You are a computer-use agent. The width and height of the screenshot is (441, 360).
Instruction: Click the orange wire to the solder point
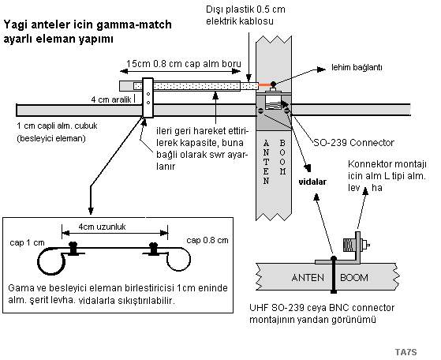pyautogui.click(x=264, y=84)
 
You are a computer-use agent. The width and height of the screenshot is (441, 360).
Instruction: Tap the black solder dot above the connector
pyautogui.click(x=273, y=84)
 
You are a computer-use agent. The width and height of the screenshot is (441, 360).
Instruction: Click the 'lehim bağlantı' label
pyautogui.click(x=357, y=68)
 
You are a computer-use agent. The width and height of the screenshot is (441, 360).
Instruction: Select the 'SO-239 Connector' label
pyautogui.click(x=353, y=143)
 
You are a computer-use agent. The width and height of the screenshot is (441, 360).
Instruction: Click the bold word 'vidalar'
pyautogui.click(x=312, y=182)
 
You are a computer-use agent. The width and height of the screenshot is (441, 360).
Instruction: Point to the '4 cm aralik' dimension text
pyautogui.click(x=111, y=99)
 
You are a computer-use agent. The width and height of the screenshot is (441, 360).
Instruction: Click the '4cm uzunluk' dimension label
pyautogui.click(x=102, y=227)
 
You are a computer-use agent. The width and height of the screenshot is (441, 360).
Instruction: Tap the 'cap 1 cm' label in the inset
pyautogui.click(x=27, y=242)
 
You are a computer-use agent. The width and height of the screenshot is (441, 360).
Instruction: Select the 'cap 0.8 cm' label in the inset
pyautogui.click(x=207, y=240)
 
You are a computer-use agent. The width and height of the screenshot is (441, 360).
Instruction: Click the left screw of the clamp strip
pyautogui.click(x=73, y=249)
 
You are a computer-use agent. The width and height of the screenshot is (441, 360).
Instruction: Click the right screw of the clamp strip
pyautogui.click(x=154, y=249)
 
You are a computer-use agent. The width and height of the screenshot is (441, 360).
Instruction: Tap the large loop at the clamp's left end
pyautogui.click(x=51, y=261)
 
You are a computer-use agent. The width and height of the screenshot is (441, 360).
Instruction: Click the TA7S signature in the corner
pyautogui.click(x=405, y=352)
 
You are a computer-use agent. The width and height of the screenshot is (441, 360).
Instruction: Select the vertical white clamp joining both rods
pyautogui.click(x=148, y=98)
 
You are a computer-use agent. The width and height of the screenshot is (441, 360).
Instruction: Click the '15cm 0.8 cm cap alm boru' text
pyautogui.click(x=183, y=64)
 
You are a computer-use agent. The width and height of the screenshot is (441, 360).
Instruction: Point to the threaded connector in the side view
pyautogui.click(x=349, y=245)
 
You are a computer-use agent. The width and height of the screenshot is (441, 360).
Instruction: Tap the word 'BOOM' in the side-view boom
pyautogui.click(x=354, y=278)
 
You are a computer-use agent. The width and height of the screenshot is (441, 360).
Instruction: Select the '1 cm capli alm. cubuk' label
pyautogui.click(x=57, y=126)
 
